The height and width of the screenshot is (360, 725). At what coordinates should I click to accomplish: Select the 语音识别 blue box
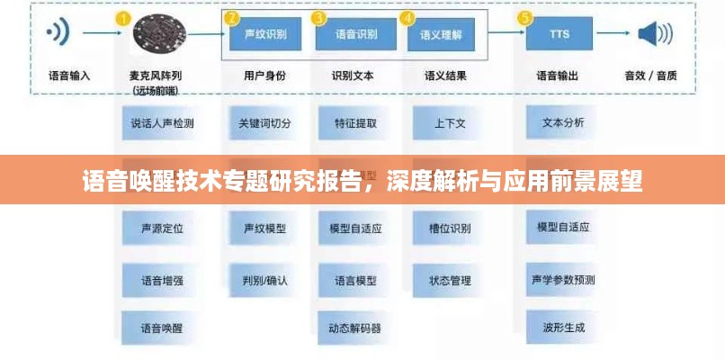355,35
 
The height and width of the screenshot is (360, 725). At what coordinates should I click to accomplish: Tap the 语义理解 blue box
441,35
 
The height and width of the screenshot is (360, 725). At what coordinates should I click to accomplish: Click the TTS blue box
559,35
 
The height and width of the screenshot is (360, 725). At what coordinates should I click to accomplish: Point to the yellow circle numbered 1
122,18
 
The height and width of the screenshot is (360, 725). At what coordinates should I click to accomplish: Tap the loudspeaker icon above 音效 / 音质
655,34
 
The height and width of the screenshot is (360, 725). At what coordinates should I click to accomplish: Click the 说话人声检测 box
162,123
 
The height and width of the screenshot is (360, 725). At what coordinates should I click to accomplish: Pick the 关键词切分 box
264,123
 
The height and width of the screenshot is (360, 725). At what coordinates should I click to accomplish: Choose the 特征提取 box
355,123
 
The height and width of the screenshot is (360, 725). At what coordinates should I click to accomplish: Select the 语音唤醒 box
162,328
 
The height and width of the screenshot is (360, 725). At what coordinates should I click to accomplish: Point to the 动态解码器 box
355,328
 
